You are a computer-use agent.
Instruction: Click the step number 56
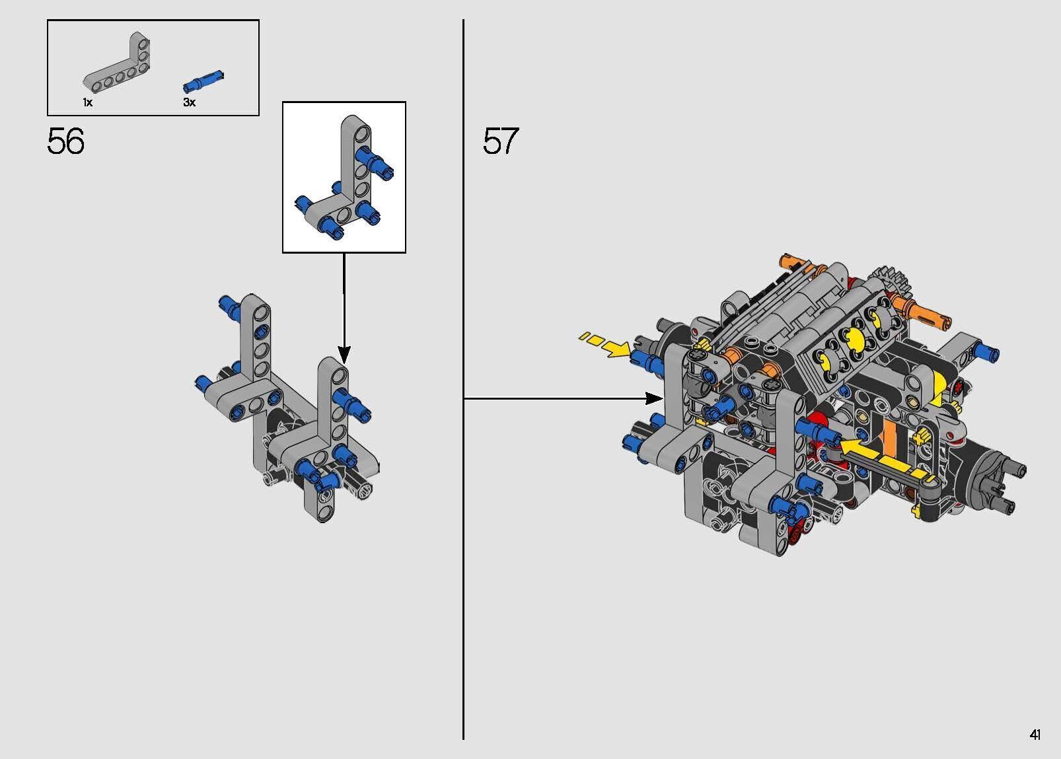(x=66, y=141)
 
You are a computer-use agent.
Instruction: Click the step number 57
(x=501, y=141)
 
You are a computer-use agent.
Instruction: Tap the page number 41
(x=1035, y=735)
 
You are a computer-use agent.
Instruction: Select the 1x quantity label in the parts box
(x=88, y=102)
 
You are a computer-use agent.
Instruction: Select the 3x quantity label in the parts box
(x=189, y=102)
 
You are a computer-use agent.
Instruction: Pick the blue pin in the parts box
(x=203, y=81)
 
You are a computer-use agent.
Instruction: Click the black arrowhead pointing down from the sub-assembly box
(x=344, y=354)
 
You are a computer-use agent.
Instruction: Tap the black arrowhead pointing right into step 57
(x=654, y=399)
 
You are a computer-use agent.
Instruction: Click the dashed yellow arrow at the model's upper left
(x=604, y=344)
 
